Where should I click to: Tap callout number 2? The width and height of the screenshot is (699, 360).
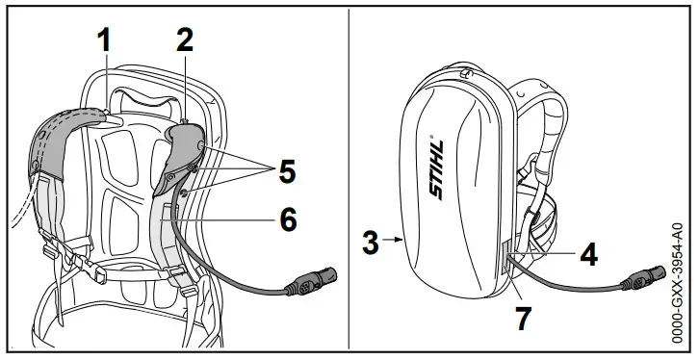point(185,40)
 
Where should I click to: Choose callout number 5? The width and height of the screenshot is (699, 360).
point(286,171)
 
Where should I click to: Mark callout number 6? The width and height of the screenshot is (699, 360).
point(286,219)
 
